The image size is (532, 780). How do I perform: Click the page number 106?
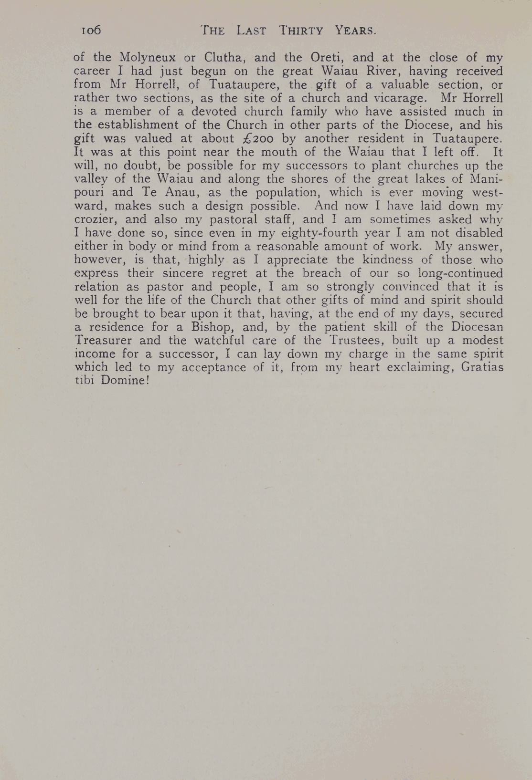90,30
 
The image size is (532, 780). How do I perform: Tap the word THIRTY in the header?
301,31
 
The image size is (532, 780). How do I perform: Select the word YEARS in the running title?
355,31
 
